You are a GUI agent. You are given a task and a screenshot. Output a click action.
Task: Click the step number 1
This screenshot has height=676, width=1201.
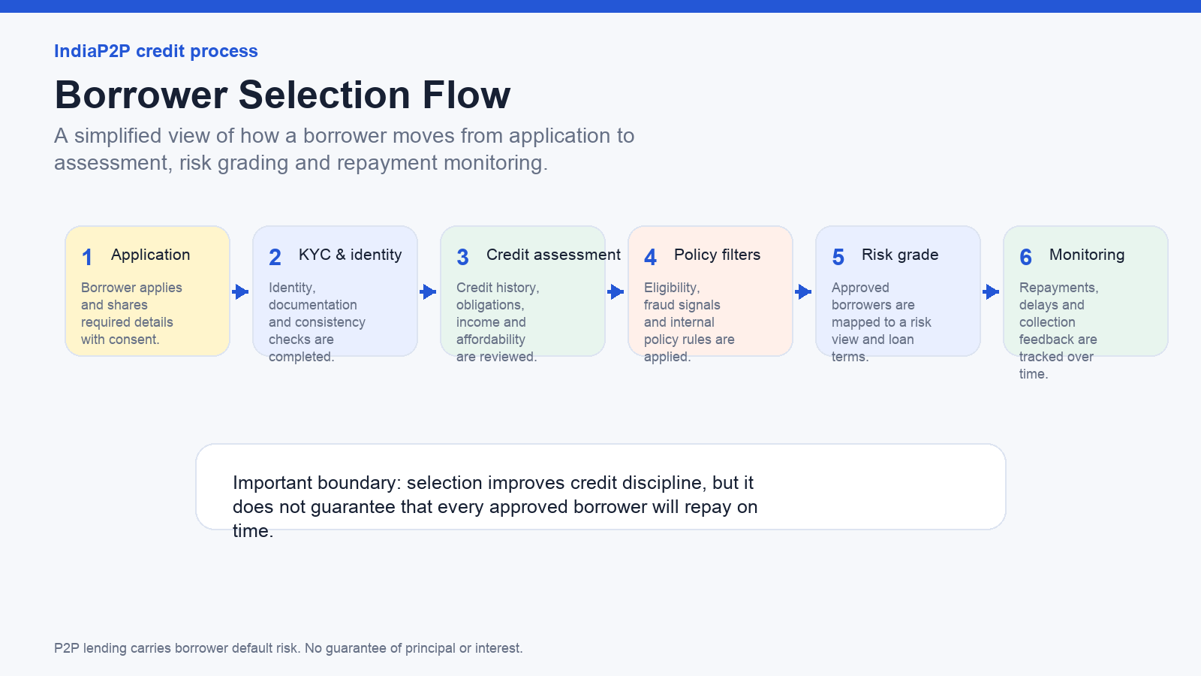coord(87,258)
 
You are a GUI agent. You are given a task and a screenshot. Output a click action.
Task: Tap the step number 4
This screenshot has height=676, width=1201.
coord(650,258)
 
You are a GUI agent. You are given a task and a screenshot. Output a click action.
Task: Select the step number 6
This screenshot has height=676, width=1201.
coord(1025,258)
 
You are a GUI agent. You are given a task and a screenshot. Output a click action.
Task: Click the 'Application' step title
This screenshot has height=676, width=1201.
coord(151,255)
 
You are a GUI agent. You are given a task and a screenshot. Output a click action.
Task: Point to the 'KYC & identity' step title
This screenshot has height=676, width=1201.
coord(350,255)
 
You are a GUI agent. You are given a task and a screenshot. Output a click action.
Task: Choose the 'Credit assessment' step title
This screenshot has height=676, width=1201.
coord(553,255)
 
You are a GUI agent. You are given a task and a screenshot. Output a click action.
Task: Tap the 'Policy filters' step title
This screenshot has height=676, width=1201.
coord(718,255)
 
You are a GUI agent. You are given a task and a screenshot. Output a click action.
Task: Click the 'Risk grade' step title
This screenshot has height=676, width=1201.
coord(900,255)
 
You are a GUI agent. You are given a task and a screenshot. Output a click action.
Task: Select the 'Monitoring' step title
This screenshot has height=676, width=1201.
coord(1087,255)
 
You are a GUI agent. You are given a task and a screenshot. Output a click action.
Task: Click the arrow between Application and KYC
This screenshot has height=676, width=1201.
coord(241,292)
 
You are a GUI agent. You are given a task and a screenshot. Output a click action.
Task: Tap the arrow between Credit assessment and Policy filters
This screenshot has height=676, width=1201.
coord(616,292)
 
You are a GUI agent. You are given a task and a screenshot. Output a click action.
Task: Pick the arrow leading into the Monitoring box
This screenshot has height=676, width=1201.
coord(992,292)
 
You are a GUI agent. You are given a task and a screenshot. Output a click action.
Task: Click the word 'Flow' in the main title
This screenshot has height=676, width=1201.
coord(466,95)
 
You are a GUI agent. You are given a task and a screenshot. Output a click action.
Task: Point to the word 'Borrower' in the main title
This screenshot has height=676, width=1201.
coord(141,95)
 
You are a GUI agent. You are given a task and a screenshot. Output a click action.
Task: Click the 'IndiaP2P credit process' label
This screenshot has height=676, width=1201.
coord(156,51)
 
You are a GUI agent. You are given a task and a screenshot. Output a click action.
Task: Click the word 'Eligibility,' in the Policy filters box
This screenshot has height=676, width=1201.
coord(672,288)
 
